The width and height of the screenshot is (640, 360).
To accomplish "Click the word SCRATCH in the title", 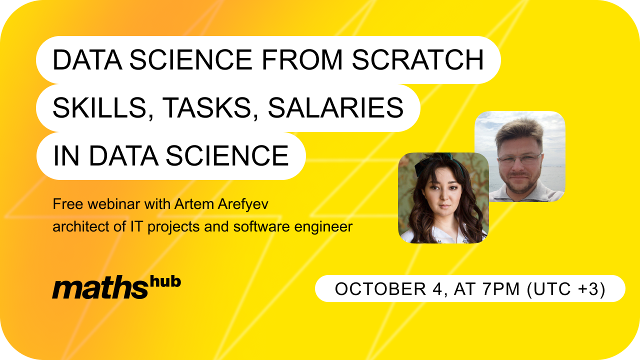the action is tap(417, 59).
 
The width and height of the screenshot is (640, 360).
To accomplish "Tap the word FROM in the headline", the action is tap(301, 59).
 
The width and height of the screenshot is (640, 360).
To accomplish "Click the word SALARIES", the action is tap(335, 107).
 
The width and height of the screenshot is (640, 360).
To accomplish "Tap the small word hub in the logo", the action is tap(165, 281).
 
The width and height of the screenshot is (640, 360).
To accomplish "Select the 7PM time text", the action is tap(500, 288).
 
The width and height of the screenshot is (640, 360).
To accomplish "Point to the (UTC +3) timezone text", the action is tap(566, 289).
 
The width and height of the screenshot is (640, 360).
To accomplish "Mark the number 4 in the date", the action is tap(437, 288).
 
